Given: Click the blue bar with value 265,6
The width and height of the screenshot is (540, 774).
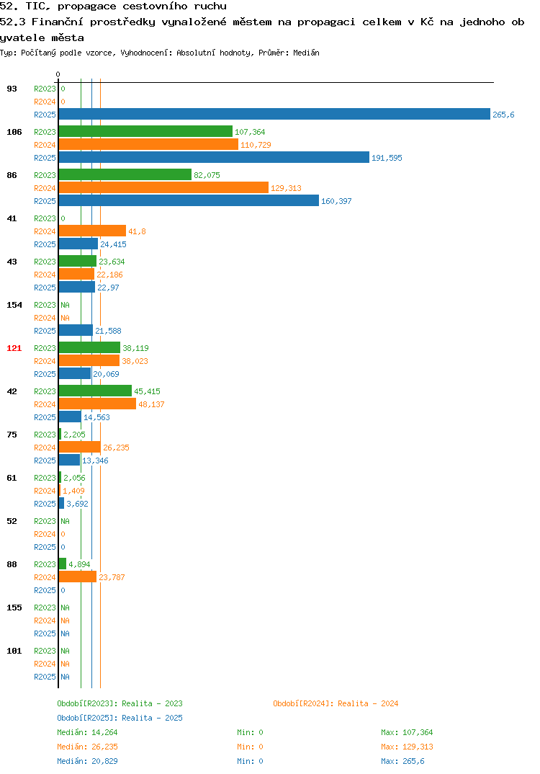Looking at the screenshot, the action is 275,115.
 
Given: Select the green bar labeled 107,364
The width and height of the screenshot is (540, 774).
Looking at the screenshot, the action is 145,132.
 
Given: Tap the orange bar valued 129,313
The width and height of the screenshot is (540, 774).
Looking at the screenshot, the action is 163,188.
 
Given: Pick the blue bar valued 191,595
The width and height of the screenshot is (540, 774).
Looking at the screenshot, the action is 214,158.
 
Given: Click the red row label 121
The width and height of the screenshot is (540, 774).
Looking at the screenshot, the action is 14,349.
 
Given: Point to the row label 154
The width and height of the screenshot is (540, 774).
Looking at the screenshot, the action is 14,305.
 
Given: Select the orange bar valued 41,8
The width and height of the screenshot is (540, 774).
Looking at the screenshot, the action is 93,231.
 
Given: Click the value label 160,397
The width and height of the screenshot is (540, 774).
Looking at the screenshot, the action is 336,201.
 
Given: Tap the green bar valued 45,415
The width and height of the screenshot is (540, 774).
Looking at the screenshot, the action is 96,391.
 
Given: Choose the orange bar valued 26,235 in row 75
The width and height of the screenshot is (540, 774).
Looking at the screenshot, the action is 80,448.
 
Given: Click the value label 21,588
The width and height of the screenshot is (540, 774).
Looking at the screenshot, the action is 108,332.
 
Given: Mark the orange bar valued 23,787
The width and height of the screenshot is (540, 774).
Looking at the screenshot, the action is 78,577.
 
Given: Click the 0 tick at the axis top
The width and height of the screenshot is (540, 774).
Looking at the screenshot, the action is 58,74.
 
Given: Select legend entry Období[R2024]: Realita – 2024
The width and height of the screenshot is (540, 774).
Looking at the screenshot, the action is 336,703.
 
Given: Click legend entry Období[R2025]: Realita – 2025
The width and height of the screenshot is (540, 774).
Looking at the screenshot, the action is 120,718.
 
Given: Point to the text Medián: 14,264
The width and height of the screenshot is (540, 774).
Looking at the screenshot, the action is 87,732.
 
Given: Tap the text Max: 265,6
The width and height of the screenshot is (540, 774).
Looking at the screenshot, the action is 402,761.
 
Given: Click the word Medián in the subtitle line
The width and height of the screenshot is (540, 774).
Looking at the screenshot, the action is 306,53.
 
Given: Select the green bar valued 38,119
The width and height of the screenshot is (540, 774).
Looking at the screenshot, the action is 90,348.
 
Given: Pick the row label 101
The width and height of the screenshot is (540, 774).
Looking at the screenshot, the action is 14,651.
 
